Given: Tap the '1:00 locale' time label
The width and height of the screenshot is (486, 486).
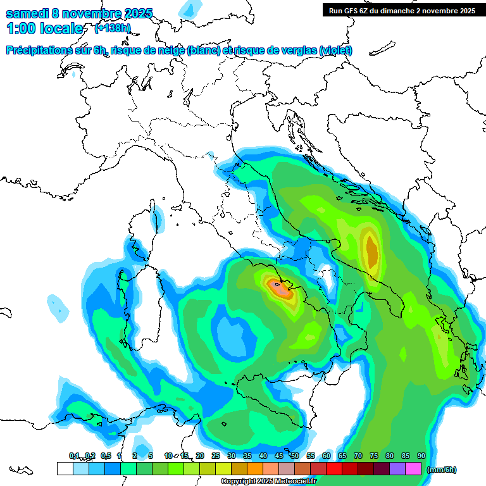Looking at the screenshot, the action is point(44,28).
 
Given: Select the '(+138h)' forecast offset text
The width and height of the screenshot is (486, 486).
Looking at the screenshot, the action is point(113,28).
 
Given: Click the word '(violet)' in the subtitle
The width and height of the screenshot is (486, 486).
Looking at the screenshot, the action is point(335,51).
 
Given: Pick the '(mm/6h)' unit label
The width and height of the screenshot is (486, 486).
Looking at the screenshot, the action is point(442,470).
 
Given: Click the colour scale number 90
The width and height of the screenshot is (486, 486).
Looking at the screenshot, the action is point(421,456).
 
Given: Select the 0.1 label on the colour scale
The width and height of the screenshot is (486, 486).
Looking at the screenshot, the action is point(74,456).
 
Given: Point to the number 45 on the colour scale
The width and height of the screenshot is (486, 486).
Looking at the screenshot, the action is point(278,456).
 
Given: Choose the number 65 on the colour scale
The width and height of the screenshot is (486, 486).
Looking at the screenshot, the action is point(342,456).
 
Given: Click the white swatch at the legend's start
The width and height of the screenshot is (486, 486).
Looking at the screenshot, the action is point(65,469).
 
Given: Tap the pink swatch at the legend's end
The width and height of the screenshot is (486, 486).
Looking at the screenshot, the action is point(413,469).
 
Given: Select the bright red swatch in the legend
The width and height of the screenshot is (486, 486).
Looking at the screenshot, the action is point(334,469).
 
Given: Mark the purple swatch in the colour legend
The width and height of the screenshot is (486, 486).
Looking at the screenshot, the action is point(397,469).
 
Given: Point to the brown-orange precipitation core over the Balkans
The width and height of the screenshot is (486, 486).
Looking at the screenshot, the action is point(371,250).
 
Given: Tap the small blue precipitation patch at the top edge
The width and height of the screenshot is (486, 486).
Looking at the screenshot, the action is point(188,8).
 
